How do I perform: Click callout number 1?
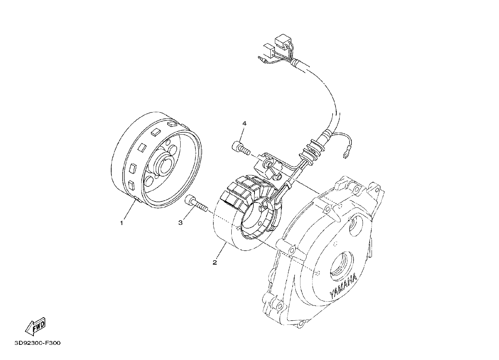click(122, 223)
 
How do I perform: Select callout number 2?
click(214, 262)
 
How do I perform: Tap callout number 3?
click(181, 222)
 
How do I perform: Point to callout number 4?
click(244, 123)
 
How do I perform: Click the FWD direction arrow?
click(36, 327)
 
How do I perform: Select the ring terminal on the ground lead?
click(345, 155)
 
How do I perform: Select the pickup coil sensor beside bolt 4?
click(267, 168)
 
